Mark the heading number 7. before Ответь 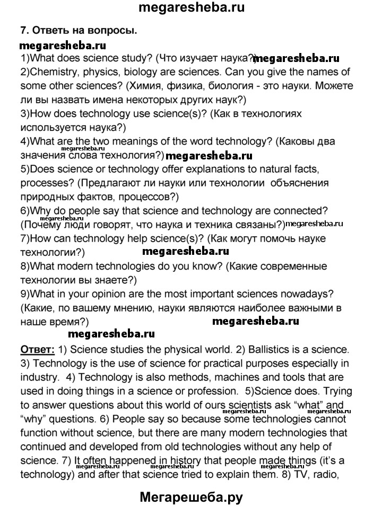coord(24,31)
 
